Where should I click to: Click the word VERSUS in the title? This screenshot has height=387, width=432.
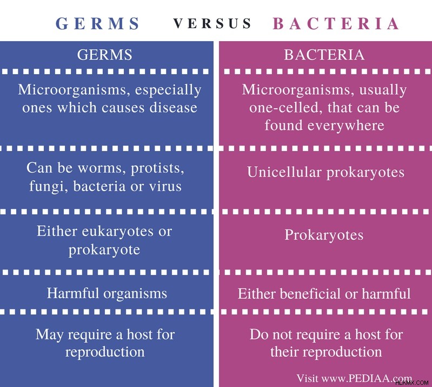212,23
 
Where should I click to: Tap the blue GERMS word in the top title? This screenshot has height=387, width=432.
97,23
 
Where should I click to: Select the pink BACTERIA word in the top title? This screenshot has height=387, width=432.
336,23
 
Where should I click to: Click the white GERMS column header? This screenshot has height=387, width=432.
105,55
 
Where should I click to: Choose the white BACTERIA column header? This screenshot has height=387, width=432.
324,55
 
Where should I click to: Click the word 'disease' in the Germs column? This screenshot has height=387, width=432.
174,107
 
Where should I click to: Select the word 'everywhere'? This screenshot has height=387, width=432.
346,126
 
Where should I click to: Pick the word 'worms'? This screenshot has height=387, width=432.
102,168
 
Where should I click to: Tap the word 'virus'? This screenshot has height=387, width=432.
165,186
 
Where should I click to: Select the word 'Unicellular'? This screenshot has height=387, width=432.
284,172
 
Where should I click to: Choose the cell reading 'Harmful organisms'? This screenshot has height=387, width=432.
107,293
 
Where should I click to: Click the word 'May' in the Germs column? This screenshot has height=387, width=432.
50,335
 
